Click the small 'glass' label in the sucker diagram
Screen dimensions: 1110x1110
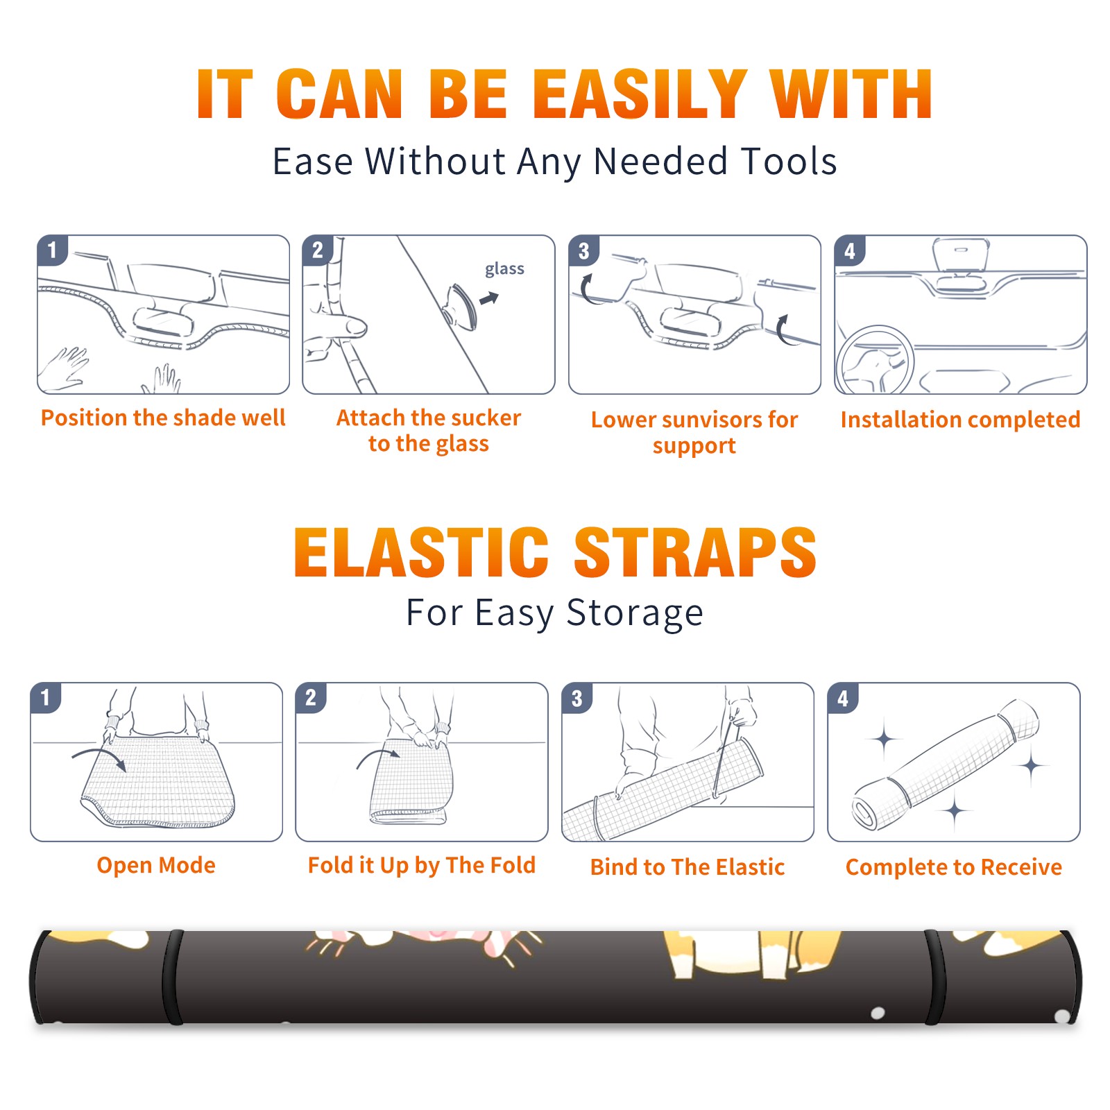pos(504,269)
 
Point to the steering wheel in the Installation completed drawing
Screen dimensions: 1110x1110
pos(876,360)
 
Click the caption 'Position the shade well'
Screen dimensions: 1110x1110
pos(163,418)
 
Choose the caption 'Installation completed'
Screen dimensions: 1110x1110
pos(960,420)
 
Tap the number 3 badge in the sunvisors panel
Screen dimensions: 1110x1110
pos(583,250)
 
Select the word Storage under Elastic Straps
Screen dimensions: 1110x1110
pos(635,613)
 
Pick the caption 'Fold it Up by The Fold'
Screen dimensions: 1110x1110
pos(422,865)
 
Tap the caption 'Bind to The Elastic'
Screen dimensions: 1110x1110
pos(688,867)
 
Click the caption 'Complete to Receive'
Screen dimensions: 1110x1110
pos(954,867)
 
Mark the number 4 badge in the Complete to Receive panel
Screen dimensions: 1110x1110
pos(843,698)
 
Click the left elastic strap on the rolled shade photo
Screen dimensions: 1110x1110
pos(173,977)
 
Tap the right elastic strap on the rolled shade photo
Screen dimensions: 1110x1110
pos(936,977)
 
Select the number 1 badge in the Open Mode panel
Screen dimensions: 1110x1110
pos(45,698)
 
